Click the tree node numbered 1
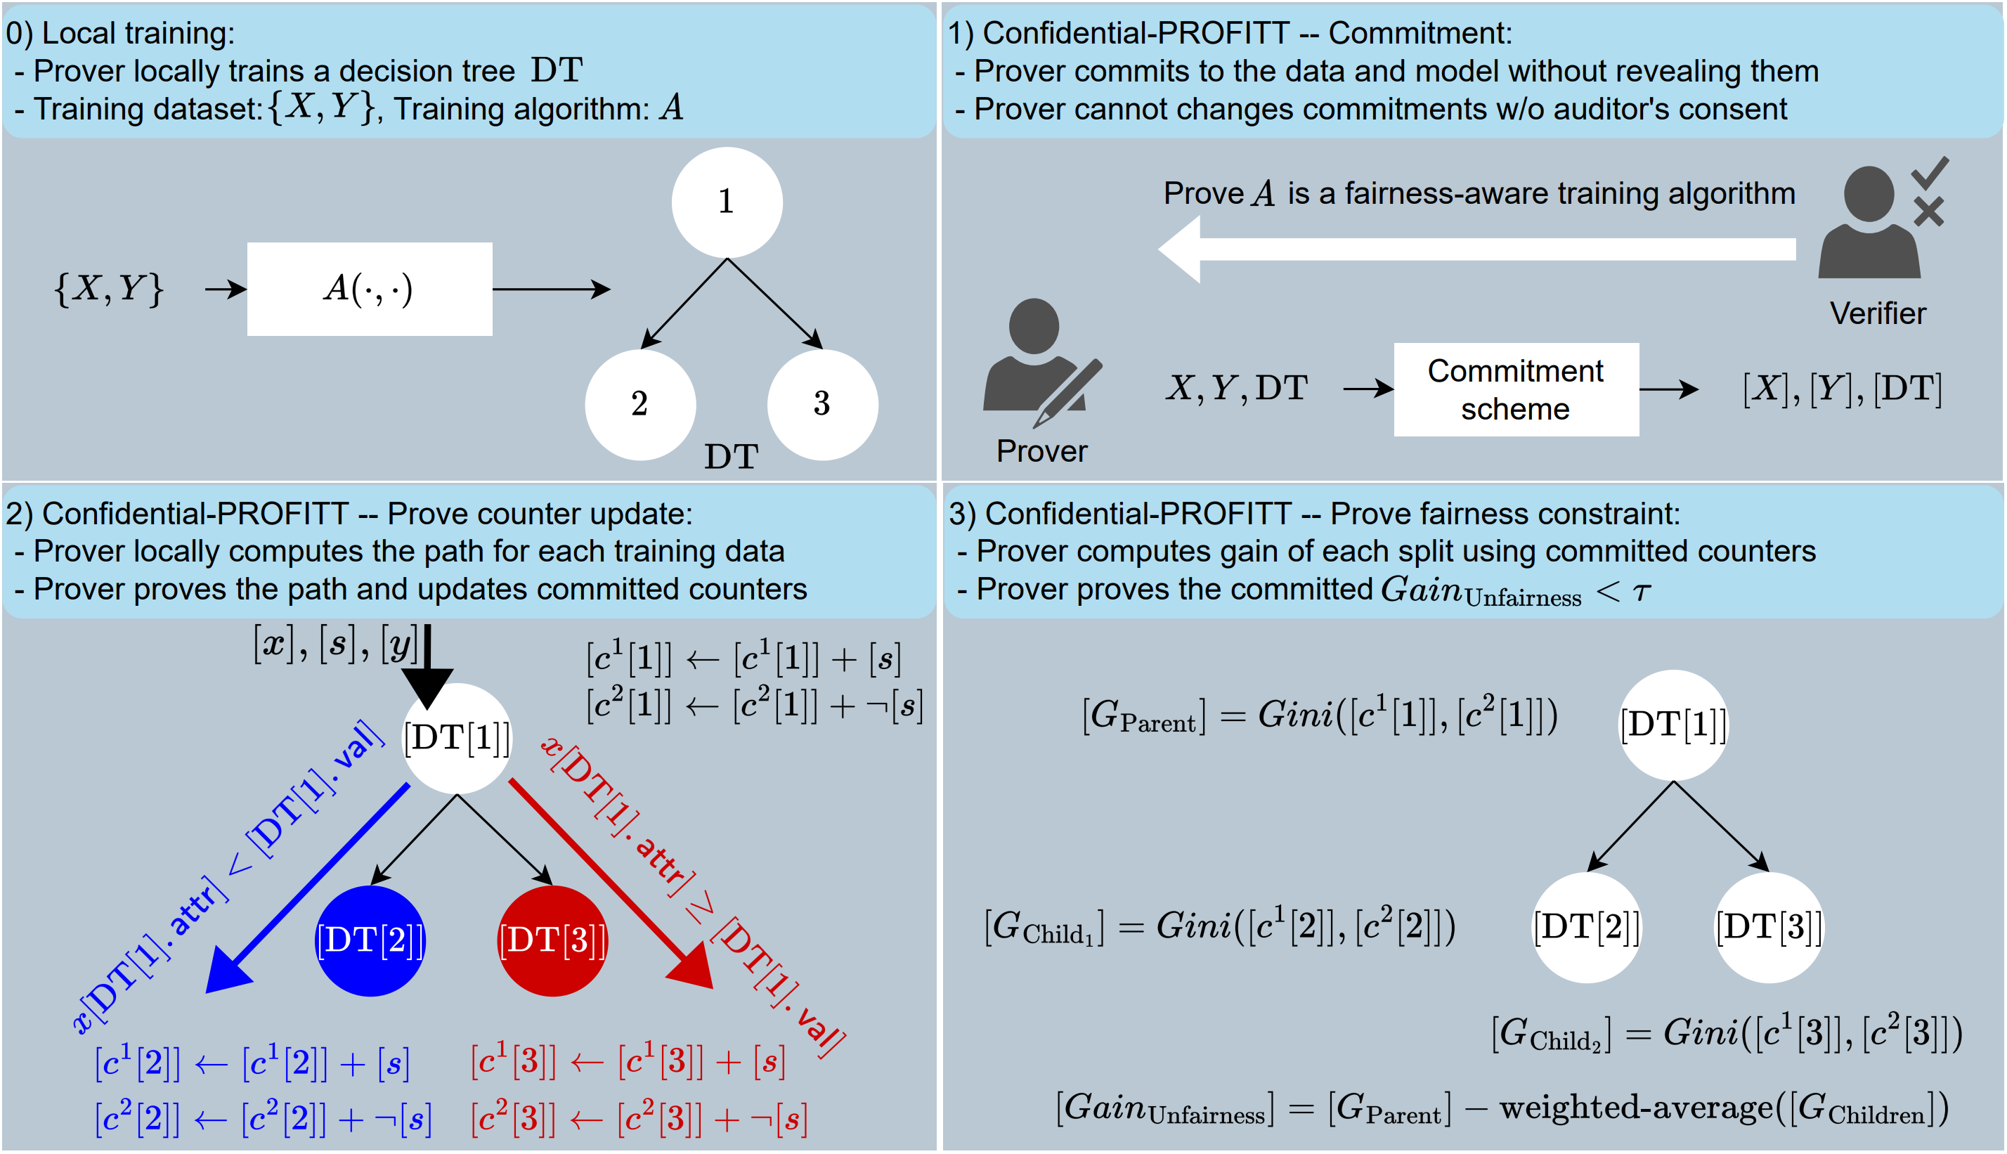(x=727, y=202)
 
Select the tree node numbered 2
(x=640, y=404)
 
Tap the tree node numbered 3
(x=821, y=404)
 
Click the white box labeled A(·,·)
(x=369, y=290)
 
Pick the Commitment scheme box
(x=1516, y=389)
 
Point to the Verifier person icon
(x=1869, y=223)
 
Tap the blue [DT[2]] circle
(x=370, y=941)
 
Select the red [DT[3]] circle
(x=552, y=941)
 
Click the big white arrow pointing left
(x=1474, y=249)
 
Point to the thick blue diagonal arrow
(x=309, y=888)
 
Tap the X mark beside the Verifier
(x=1928, y=212)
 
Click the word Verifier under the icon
(x=1877, y=314)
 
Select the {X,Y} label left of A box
(x=108, y=290)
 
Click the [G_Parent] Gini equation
(x=1319, y=715)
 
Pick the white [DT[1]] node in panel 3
(x=1672, y=725)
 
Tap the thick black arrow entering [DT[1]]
(x=428, y=666)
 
